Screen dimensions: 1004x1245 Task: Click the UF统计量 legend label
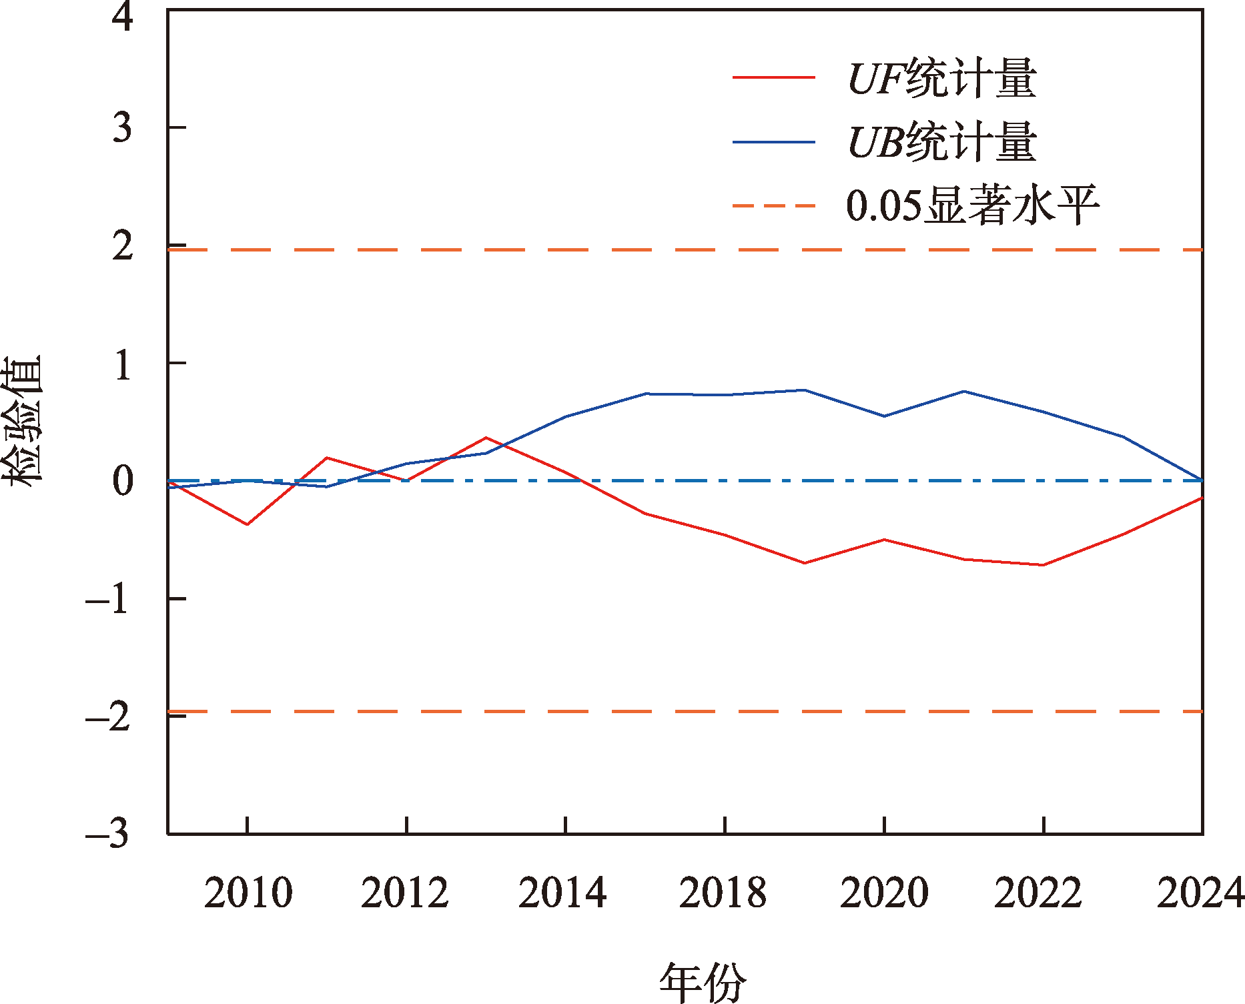pos(941,79)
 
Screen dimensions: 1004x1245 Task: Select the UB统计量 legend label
pos(941,142)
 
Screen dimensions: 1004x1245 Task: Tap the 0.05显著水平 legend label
pos(971,205)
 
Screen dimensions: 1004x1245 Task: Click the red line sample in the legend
pos(774,78)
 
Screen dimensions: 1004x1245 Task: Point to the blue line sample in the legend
pos(774,142)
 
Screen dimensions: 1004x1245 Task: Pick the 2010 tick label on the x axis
pos(248,893)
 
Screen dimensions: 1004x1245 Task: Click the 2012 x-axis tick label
pos(405,893)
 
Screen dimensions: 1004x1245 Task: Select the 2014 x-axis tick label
pos(562,893)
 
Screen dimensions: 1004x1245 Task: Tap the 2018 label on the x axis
pos(723,893)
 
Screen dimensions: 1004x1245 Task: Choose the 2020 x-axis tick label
pos(884,893)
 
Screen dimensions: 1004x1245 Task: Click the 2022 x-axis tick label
pos(1038,893)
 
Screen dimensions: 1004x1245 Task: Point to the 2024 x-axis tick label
pos(1200,893)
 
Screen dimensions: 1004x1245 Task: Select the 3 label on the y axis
pos(123,127)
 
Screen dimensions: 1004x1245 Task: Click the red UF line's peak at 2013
pos(486,438)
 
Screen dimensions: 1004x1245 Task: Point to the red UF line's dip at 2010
pos(248,524)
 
